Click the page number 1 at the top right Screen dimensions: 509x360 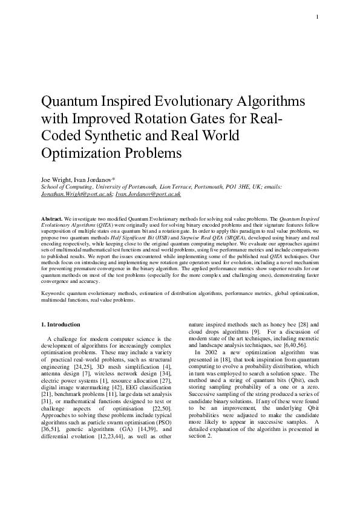tap(317, 17)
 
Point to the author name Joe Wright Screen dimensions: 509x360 tap(54, 181)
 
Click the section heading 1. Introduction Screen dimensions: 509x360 tap(64, 324)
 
